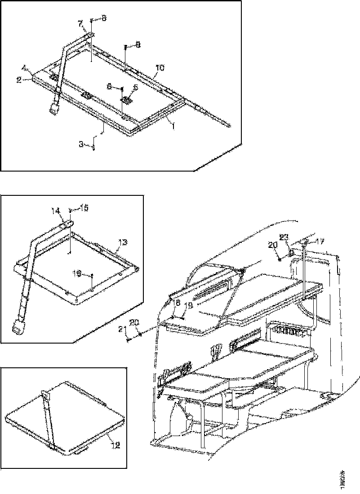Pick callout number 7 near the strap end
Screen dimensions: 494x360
[80, 23]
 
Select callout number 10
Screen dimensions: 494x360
[160, 68]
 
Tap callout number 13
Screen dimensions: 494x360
[123, 242]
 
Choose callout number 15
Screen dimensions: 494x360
[84, 208]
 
